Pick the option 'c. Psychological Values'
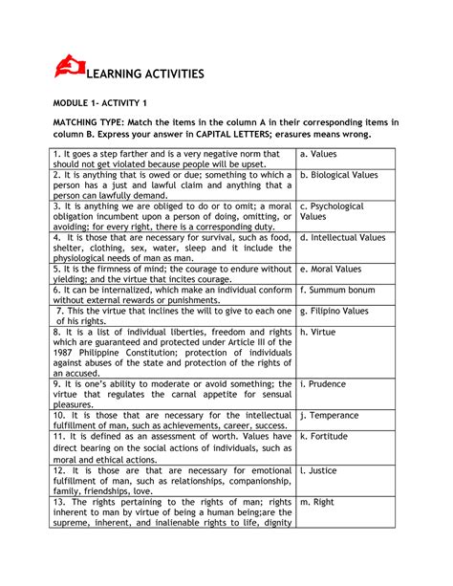(332, 211)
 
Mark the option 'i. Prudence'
(326, 383)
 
